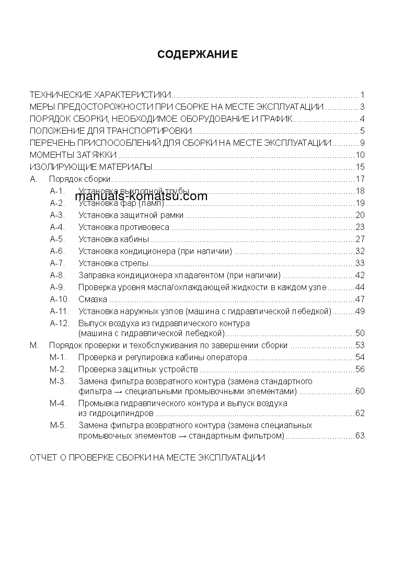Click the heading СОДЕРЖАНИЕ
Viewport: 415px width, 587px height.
[x=198, y=54]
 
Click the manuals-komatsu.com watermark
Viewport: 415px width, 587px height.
[x=141, y=197]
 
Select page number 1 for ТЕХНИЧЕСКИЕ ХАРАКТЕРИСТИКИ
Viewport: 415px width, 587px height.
[x=362, y=95]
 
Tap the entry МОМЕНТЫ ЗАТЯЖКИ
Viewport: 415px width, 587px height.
[x=73, y=155]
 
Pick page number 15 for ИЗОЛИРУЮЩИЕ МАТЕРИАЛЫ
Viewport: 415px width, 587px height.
[x=360, y=167]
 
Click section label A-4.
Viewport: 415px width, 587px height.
[x=57, y=227]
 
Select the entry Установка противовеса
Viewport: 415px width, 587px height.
[x=124, y=227]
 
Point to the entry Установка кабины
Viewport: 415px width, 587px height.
[x=114, y=239]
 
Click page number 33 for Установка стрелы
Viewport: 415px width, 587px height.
[x=360, y=263]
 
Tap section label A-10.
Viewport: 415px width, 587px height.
[x=60, y=300]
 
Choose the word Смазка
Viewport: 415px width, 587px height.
[x=93, y=300]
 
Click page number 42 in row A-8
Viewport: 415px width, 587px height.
[x=360, y=275]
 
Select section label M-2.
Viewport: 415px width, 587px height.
[x=57, y=369]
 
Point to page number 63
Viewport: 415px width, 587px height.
[x=360, y=435]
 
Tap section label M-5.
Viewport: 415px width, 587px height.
[x=57, y=425]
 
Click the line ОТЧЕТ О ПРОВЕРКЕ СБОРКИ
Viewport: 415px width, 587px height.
[x=147, y=457]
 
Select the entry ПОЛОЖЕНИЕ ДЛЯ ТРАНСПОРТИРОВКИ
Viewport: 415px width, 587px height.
[x=111, y=131]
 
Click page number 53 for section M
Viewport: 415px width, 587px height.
[x=360, y=345]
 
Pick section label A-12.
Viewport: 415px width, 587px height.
[x=60, y=323]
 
